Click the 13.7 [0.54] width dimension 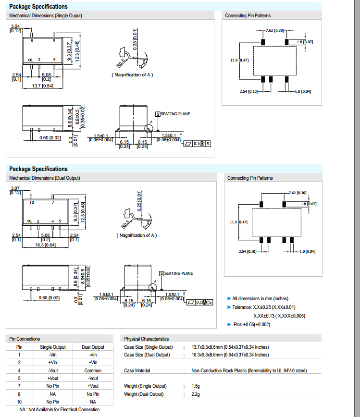tap(42, 86)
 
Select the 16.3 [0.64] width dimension tap(46, 245)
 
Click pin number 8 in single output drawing tap(32, 42)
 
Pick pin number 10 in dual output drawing tap(32, 203)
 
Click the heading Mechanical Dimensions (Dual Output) tap(45, 178)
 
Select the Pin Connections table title tap(25, 339)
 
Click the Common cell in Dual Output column tap(93, 370)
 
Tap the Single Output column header tap(53, 347)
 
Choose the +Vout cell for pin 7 tap(93, 386)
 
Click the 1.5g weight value tap(196, 386)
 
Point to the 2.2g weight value tap(196, 394)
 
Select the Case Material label tap(137, 370)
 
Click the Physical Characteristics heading tap(147, 339)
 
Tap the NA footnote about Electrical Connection tap(60, 409)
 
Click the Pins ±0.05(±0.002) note tap(252, 324)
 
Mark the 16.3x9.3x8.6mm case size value tap(230, 355)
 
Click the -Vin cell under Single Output tap(53, 355)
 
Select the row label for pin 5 tap(19, 378)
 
